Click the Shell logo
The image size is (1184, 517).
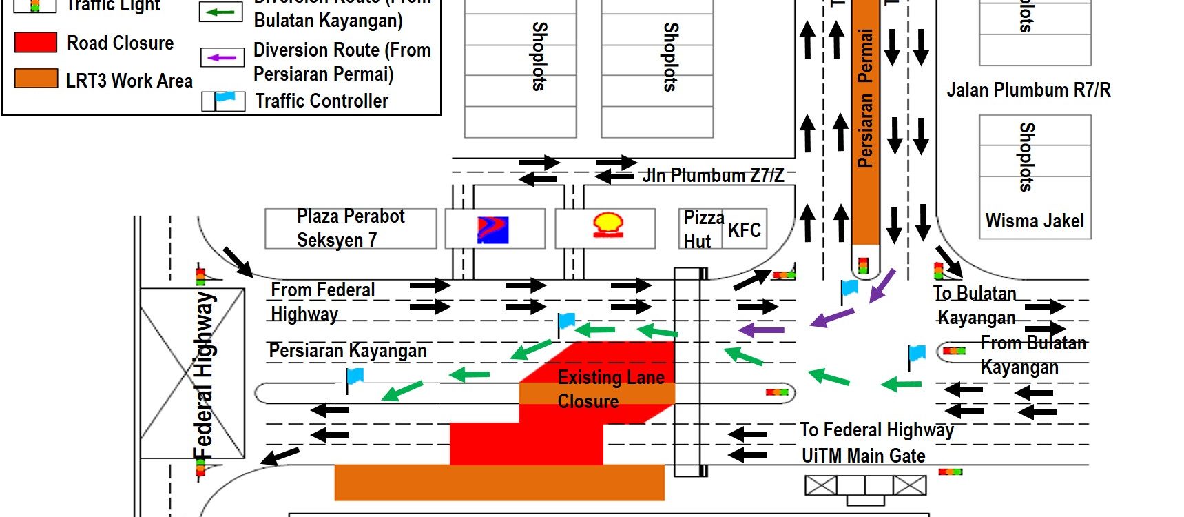[x=608, y=225]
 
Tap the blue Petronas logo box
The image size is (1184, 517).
[x=492, y=230]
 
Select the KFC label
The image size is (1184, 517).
[x=745, y=230]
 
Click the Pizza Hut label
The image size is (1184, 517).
[x=702, y=229]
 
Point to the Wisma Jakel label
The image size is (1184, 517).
[x=1035, y=221]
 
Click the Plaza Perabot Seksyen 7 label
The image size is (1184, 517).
[x=350, y=228]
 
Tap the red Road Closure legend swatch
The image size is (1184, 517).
[x=36, y=43]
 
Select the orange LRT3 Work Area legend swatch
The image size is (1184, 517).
[x=36, y=79]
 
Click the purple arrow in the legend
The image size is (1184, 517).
[x=222, y=57]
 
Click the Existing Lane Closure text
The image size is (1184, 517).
[x=610, y=389]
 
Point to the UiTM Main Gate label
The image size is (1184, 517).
[x=863, y=456]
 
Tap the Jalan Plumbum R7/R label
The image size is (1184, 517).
[x=1028, y=90]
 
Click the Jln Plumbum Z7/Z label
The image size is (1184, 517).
[x=713, y=176]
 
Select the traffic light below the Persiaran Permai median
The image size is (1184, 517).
[x=863, y=265]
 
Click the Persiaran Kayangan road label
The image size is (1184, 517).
[x=347, y=351]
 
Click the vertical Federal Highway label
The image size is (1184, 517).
[x=204, y=376]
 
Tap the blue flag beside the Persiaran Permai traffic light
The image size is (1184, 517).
[x=850, y=287]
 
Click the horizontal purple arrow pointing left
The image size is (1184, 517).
[x=762, y=330]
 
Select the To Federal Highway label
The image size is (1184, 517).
[x=876, y=430]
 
